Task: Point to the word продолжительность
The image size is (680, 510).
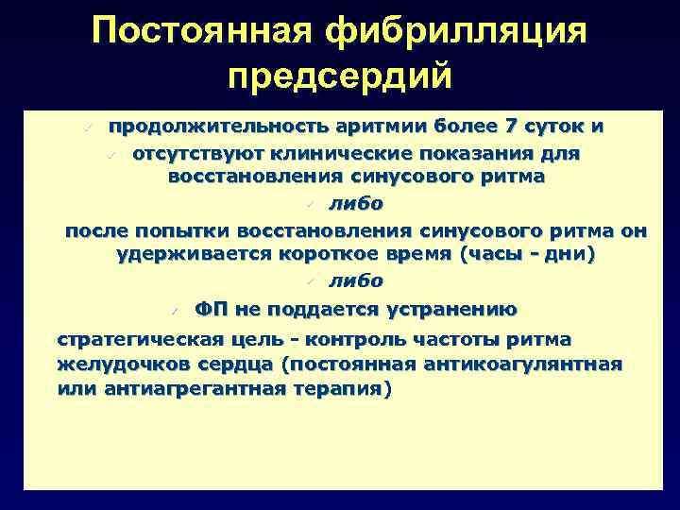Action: click(x=208, y=127)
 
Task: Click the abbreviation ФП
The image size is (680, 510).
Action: click(x=210, y=309)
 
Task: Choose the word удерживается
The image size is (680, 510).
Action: click(x=194, y=255)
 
